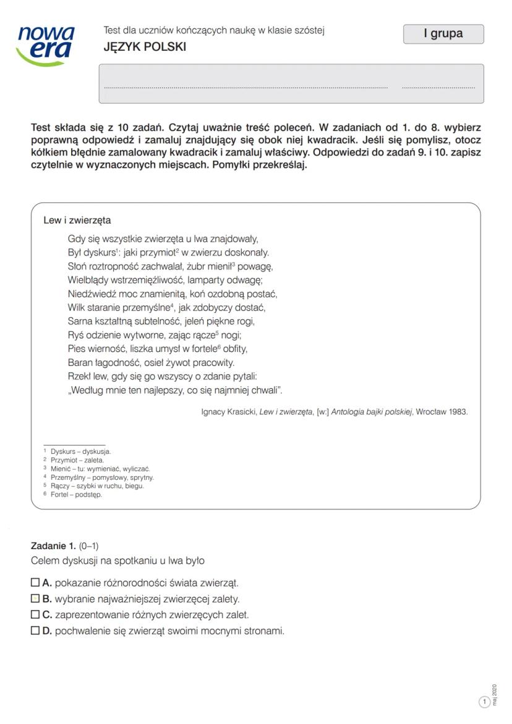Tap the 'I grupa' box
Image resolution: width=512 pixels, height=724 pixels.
[443, 34]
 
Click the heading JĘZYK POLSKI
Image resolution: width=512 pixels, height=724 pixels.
[145, 47]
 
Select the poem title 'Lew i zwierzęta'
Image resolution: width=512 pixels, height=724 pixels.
[77, 220]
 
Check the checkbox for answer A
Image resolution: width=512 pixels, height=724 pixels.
[35, 582]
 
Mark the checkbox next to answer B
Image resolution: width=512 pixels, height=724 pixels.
[35, 598]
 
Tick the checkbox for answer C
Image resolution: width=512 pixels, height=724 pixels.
[35, 615]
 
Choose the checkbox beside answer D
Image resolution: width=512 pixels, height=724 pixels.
[35, 631]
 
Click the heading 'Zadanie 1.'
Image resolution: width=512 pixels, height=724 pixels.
[53, 545]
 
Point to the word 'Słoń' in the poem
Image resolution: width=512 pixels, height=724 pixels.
[78, 266]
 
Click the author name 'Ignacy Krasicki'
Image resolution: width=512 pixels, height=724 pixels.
[229, 412]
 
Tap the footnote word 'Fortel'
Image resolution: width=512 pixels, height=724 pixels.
[60, 495]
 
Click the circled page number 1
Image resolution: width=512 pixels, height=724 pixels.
[485, 702]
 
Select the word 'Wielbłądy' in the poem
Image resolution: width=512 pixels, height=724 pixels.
[88, 280]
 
